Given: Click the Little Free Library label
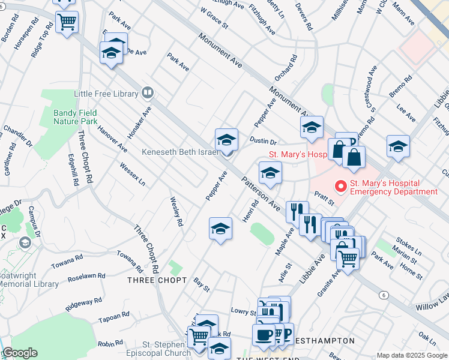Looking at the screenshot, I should tap(106, 94).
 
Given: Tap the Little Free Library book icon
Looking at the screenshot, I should tap(148, 93).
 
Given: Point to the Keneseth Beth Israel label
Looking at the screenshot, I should tap(179, 152).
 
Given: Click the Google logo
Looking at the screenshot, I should tap(19, 353).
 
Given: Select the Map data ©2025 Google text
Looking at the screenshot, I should tap(411, 355).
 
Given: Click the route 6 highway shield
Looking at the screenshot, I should tap(383, 295).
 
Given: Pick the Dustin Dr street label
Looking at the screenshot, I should tap(263, 142).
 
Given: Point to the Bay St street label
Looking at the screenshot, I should tap(202, 285).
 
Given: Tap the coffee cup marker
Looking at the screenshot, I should tap(263, 335).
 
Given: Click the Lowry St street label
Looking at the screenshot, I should tap(244, 311).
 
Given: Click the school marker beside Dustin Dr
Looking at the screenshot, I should tap(226, 140).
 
